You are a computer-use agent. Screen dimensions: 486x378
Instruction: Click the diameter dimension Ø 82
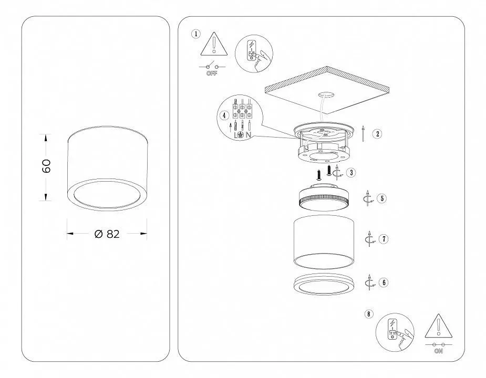pos(107,234)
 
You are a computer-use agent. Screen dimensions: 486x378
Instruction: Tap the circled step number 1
pos(196,34)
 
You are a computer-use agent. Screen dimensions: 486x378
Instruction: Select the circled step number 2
pos(378,134)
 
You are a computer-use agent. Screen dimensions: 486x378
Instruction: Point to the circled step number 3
pos(351,173)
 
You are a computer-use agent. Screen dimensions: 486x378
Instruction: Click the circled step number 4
pos(224,115)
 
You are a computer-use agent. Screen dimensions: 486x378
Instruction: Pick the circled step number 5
pos(382,198)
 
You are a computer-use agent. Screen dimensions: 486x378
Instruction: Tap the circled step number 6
pos(384,282)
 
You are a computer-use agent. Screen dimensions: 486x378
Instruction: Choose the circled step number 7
pos(384,239)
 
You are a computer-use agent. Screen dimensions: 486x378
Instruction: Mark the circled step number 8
pos(369,314)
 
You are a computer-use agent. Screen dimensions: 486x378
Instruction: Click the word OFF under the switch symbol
pos(212,73)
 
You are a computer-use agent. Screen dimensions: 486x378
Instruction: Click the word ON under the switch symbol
pos(439,351)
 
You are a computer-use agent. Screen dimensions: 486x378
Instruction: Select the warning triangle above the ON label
pos(438,326)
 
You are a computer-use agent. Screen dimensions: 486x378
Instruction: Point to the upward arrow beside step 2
pos(363,133)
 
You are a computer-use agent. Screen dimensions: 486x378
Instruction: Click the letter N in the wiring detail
pos(249,135)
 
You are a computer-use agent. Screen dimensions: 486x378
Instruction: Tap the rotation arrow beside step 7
pos(370,238)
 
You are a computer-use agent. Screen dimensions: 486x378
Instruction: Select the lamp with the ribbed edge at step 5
pos(324,197)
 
